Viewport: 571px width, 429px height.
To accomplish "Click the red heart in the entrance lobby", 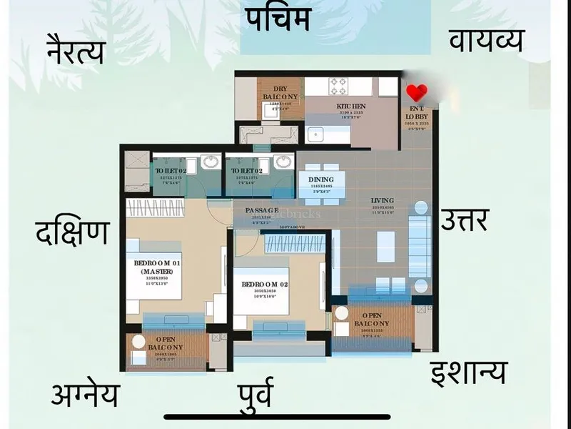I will (417, 92).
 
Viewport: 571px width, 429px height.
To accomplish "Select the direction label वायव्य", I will (486, 40).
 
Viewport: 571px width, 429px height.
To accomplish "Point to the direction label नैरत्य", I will (76, 51).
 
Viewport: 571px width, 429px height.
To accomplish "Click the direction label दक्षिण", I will (72, 232).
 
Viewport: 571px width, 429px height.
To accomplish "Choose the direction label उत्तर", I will (464, 219).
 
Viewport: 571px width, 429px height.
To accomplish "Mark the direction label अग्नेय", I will (84, 394).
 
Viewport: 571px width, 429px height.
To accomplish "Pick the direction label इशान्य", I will (468, 373).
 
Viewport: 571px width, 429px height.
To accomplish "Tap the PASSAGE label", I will (262, 210).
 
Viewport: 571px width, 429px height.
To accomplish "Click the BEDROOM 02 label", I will (263, 285).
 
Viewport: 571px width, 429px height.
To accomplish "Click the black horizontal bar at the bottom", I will (278, 417).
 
